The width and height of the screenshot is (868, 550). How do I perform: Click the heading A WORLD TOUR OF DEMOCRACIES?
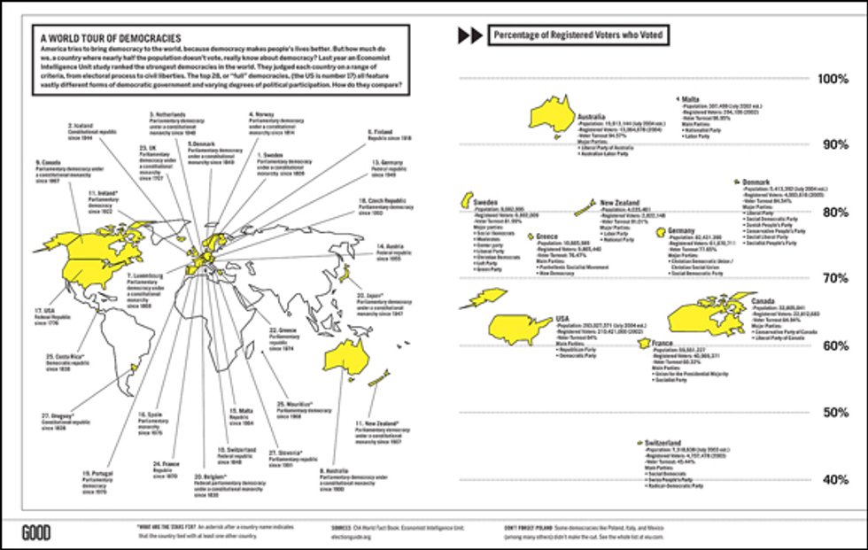click(x=105, y=38)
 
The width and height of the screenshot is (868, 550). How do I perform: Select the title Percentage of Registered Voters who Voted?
click(x=577, y=35)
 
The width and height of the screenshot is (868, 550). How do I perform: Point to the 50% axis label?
click(x=835, y=413)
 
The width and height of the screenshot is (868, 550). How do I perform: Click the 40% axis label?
click(x=835, y=480)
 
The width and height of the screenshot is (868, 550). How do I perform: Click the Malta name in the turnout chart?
click(x=693, y=99)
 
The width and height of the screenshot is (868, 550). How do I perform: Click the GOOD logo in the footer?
click(x=36, y=531)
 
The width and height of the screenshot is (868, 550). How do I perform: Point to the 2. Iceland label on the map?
click(x=82, y=126)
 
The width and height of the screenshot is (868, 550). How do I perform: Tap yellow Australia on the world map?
click(x=353, y=355)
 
